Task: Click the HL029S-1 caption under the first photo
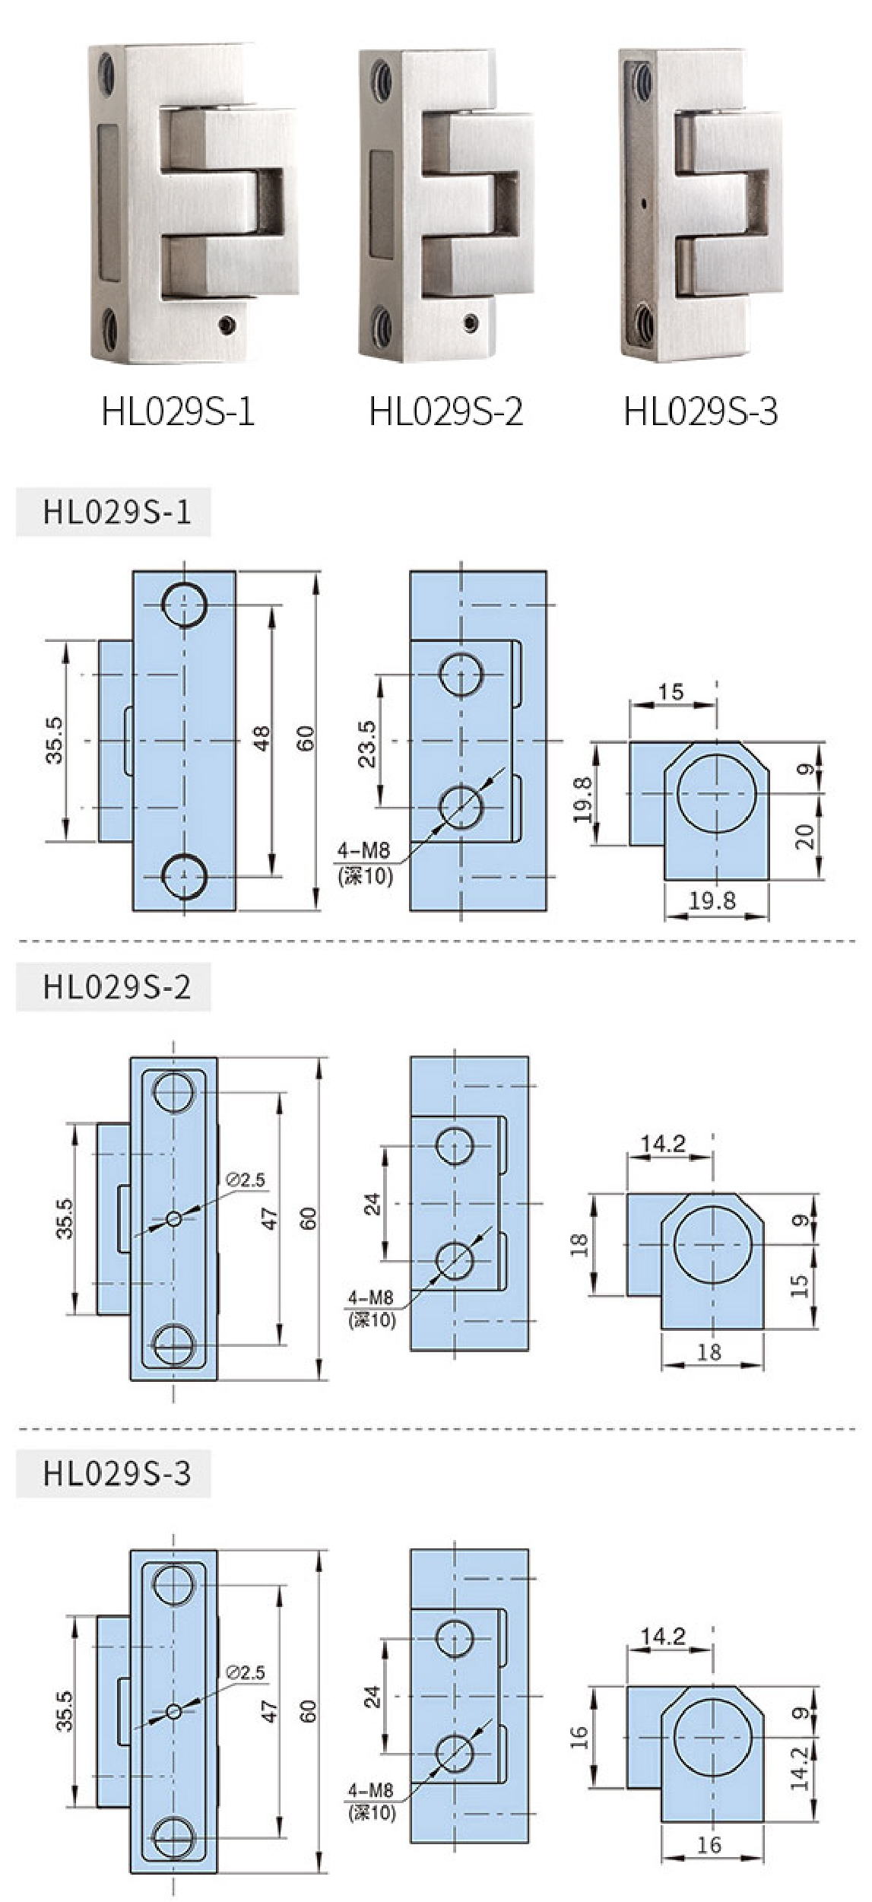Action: click(x=178, y=411)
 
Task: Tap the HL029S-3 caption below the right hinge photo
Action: click(x=701, y=411)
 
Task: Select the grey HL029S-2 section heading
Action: click(x=116, y=987)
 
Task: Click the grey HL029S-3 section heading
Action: click(x=116, y=1473)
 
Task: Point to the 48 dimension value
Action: click(x=262, y=739)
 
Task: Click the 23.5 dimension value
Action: click(x=366, y=743)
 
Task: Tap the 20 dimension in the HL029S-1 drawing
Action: click(x=805, y=837)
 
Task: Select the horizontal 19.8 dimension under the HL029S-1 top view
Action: click(x=712, y=901)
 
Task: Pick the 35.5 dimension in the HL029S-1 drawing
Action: click(x=55, y=740)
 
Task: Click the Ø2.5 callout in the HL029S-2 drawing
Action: click(x=246, y=1180)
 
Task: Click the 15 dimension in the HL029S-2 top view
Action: click(x=799, y=1285)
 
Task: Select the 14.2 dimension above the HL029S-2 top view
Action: click(x=663, y=1143)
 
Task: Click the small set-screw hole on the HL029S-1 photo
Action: click(x=226, y=325)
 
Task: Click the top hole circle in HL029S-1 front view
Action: click(x=183, y=605)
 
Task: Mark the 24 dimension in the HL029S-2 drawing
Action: click(x=372, y=1205)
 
